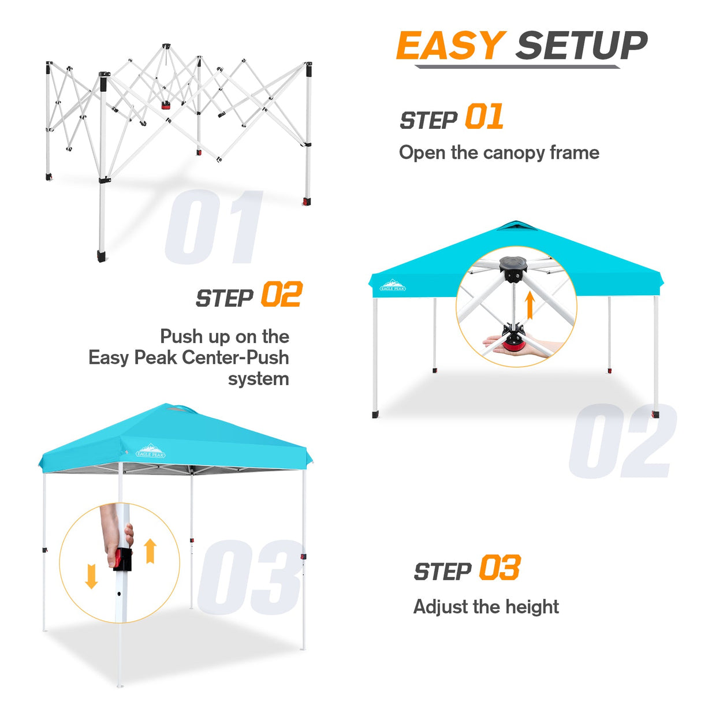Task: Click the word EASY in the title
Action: point(450,46)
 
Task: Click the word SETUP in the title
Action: point(581,46)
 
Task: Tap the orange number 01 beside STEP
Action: point(484,117)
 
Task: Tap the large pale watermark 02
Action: point(622,442)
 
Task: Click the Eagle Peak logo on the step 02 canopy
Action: point(393,286)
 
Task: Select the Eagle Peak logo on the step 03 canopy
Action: point(151,451)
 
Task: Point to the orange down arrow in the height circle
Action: point(91,576)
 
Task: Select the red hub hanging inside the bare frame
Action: point(166,106)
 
